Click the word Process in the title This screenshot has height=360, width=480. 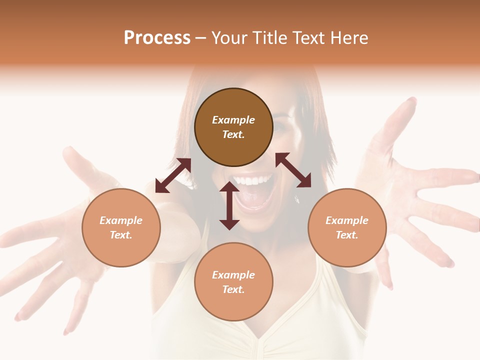click(157, 38)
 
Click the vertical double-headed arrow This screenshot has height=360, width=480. click(229, 205)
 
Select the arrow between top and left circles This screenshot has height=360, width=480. click(173, 175)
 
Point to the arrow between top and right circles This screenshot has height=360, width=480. click(293, 170)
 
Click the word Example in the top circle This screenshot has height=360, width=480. click(233, 120)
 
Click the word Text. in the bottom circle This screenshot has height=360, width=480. click(233, 289)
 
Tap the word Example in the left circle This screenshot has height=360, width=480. click(121, 220)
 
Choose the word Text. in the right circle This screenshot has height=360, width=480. click(347, 235)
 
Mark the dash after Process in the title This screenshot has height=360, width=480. click(201, 38)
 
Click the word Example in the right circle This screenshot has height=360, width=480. click(347, 220)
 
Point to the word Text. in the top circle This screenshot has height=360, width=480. click(233, 134)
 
